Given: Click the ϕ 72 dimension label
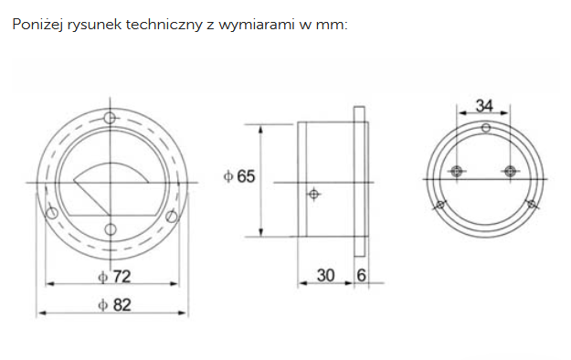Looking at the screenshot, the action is click(114, 277).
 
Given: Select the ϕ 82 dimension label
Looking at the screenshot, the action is click(114, 305).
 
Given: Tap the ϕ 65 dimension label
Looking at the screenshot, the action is click(239, 176).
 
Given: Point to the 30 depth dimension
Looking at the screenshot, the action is click(325, 275).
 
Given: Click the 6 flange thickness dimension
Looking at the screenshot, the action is click(361, 275).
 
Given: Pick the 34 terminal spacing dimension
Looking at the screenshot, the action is click(484, 106).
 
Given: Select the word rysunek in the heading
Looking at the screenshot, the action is click(94, 26).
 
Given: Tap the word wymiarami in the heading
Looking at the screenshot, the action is click(257, 26).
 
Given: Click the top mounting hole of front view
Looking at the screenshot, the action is click(110, 118).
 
